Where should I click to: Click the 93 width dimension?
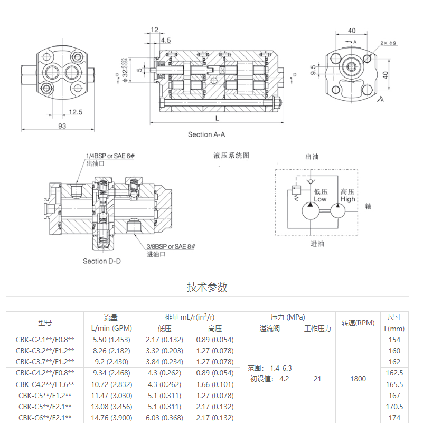pyautogui.click(x=62, y=126)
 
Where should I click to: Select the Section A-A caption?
pyautogui.click(x=206, y=134)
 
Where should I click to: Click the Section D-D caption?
pyautogui.click(x=102, y=261)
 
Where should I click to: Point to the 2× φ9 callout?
pyautogui.click(x=388, y=43)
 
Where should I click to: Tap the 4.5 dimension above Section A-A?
pyautogui.click(x=166, y=40)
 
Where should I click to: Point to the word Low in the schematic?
pyautogui.click(x=320, y=199)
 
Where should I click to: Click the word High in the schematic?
pyautogui.click(x=348, y=199)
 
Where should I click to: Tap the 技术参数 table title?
pyautogui.click(x=207, y=287)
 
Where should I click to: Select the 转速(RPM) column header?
pyautogui.click(x=358, y=323)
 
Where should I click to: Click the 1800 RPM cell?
pyautogui.click(x=358, y=379)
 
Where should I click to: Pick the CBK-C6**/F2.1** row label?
pyautogui.click(x=45, y=418)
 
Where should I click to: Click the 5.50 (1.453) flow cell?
pyautogui.click(x=111, y=340)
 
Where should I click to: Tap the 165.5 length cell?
pyautogui.click(x=394, y=384)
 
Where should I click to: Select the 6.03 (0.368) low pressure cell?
pyautogui.click(x=164, y=418)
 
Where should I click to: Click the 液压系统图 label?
pyautogui.click(x=231, y=156)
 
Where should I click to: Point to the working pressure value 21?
pyautogui.click(x=317, y=379)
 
